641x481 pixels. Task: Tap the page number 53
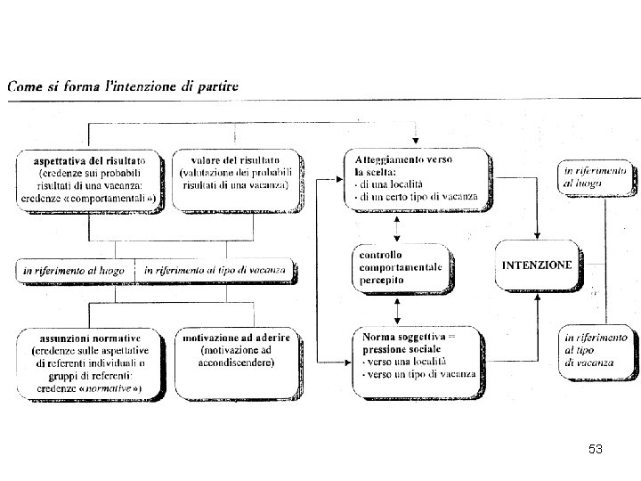[596, 450]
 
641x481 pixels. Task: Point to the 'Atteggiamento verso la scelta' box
[416, 178]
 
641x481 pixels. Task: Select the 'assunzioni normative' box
[92, 364]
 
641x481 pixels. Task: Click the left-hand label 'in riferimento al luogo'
[76, 269]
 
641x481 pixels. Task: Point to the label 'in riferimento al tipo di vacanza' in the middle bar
[215, 269]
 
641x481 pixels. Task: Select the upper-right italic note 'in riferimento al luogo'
[594, 176]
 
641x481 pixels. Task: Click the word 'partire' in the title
[219, 86]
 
